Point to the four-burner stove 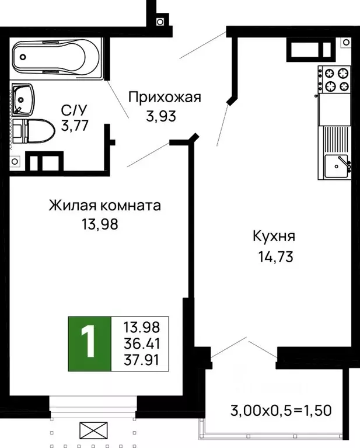point(334,80)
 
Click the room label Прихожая point(164,97)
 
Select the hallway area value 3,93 point(160,116)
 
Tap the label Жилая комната point(104,206)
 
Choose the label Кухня point(274,237)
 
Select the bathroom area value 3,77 point(74,125)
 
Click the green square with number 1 point(89,344)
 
